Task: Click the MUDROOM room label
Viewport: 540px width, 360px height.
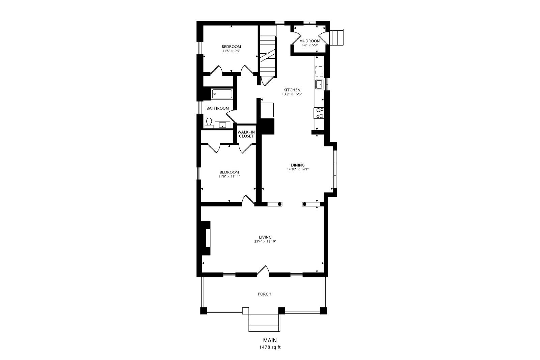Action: (309, 41)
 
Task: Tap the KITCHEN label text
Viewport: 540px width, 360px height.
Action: (292, 90)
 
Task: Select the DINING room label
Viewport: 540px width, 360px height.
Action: (298, 165)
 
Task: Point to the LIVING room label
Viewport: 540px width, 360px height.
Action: (265, 237)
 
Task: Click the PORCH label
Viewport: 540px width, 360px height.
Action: (265, 294)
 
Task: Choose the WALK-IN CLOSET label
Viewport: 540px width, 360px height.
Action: (246, 134)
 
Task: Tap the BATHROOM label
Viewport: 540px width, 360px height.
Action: (218, 108)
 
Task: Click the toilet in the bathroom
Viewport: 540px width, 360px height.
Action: (209, 123)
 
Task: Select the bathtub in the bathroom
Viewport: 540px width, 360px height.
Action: (222, 94)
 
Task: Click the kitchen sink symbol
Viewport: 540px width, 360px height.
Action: (319, 84)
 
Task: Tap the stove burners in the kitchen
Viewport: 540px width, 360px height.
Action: (319, 113)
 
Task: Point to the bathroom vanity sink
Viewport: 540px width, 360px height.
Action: (222, 125)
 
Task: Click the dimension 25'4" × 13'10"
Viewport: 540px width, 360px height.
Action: (265, 242)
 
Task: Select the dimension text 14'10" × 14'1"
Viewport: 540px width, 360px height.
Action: (298, 169)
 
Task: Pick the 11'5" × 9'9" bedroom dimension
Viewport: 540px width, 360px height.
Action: (232, 51)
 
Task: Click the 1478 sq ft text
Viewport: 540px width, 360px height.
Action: (270, 347)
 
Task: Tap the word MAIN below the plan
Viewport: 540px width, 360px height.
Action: (270, 340)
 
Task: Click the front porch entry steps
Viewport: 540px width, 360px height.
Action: (265, 323)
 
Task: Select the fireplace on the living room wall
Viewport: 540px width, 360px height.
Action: (204, 238)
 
